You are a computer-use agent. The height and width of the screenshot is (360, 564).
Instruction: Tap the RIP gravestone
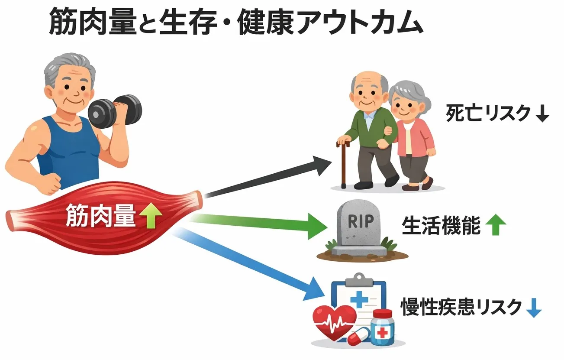[x=360, y=230]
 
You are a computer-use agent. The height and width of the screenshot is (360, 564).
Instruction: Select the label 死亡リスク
[x=488, y=114]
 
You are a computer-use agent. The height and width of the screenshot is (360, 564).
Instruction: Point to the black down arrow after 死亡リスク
[x=542, y=114]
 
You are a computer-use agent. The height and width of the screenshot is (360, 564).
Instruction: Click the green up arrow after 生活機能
[x=496, y=226]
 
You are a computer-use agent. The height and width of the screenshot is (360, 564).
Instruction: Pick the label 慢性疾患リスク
[x=461, y=307]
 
